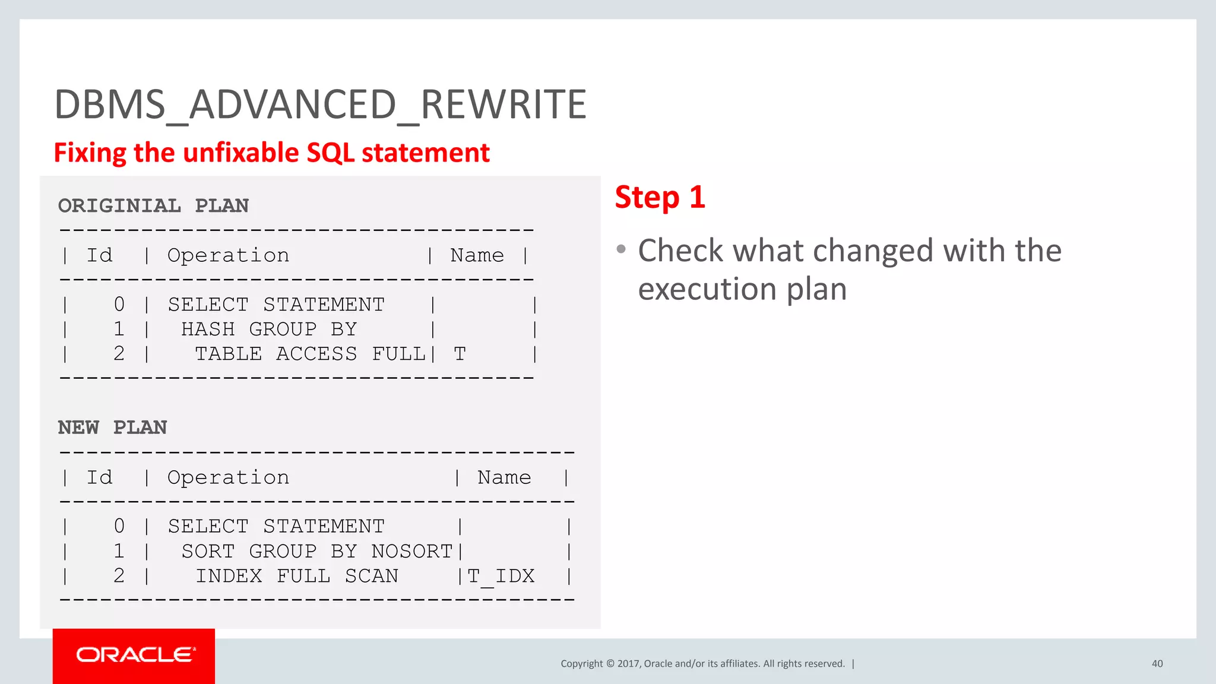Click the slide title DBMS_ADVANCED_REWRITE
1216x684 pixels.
[321, 104]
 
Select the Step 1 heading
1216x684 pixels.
[660, 197]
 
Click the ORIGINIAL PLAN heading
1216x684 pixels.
[153, 205]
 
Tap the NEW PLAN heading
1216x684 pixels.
[112, 427]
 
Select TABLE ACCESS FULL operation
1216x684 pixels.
[310, 354]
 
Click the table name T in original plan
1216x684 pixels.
[460, 354]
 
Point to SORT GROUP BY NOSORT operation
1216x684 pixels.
[316, 551]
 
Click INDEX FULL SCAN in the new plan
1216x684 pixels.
[297, 576]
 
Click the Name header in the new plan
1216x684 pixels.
[504, 477]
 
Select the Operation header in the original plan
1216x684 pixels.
[228, 255]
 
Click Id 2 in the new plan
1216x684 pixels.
[119, 576]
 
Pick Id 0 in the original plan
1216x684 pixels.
[119, 305]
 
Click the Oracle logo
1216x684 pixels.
[134, 655]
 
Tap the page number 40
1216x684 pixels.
[1157, 664]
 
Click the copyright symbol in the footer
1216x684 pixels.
[610, 664]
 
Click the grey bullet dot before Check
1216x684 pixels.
[621, 249]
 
